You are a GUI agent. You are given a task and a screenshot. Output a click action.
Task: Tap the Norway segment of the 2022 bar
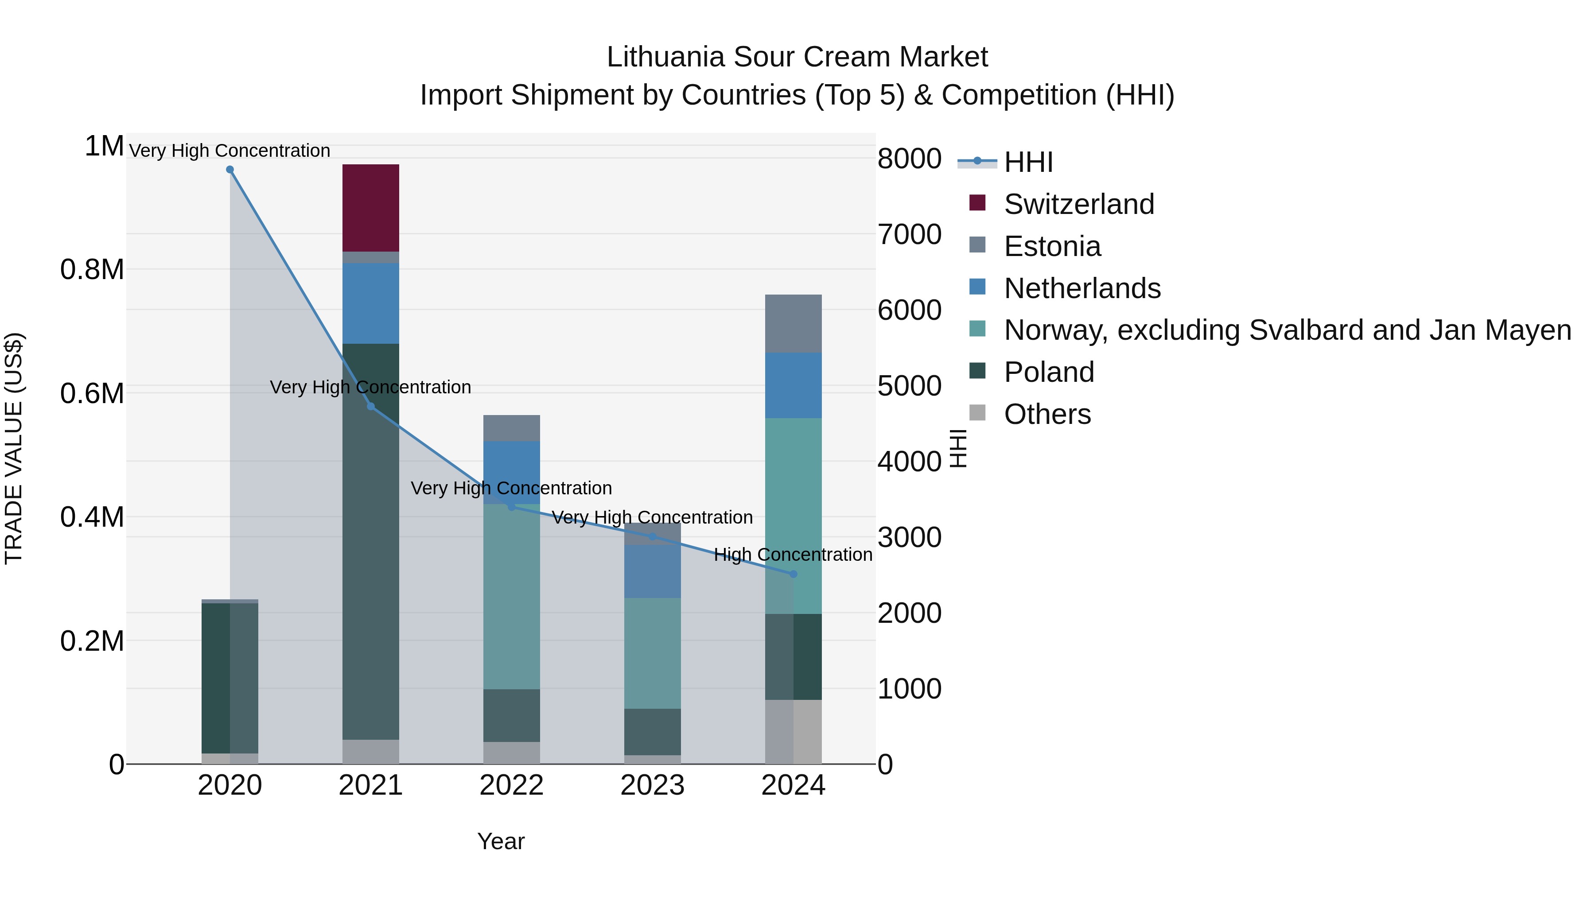[x=511, y=596]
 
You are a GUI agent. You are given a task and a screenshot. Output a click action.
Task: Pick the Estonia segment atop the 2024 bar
[x=793, y=323]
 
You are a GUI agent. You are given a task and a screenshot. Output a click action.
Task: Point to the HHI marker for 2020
[x=230, y=170]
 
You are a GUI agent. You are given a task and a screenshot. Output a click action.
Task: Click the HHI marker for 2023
[x=652, y=536]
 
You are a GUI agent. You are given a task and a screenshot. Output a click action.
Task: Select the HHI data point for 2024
[x=793, y=574]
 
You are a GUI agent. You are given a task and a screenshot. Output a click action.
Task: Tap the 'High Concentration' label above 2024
[x=793, y=555]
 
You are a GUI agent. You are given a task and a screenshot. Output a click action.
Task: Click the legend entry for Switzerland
[x=1078, y=204]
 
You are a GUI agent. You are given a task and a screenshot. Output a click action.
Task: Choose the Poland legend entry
[x=1048, y=372]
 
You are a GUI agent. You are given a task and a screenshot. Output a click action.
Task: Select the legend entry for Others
[x=1046, y=414]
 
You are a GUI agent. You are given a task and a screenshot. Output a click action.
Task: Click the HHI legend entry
[x=1028, y=162]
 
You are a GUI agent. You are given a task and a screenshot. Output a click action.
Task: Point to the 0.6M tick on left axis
[x=92, y=394]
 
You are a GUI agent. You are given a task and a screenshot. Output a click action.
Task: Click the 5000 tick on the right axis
[x=909, y=386]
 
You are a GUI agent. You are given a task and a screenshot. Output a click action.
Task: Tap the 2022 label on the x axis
[x=511, y=785]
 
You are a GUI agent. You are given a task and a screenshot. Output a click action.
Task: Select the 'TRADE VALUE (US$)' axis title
[x=14, y=448]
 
